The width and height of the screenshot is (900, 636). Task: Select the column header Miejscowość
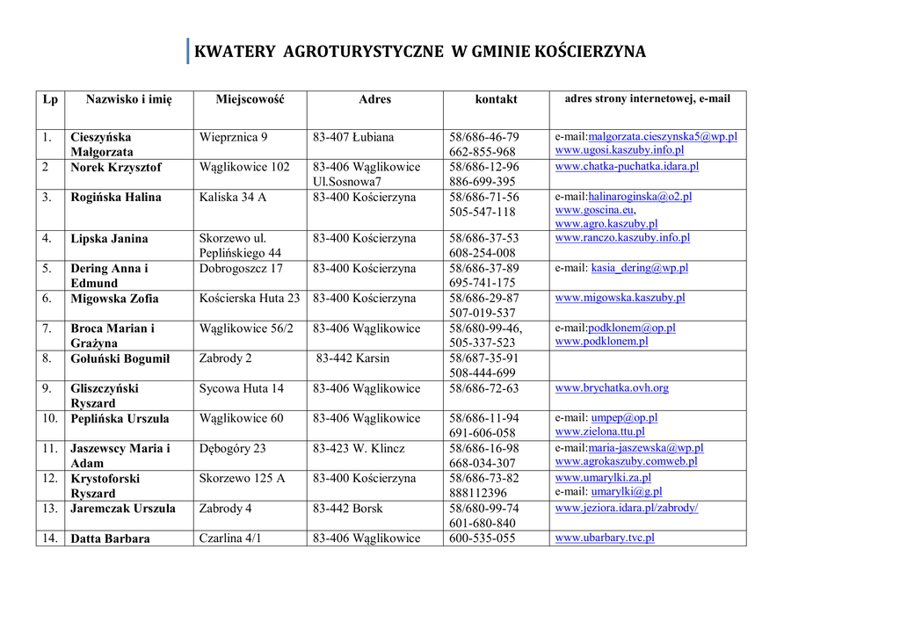250,99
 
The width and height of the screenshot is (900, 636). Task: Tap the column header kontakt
497,99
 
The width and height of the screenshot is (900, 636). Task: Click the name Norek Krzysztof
116,167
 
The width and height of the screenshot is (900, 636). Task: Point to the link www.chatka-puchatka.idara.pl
627,166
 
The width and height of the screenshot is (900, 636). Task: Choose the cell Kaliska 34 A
233,197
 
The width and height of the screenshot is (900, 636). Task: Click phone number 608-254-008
483,253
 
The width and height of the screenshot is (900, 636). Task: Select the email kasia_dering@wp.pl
640,268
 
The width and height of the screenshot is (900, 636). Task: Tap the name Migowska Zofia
114,299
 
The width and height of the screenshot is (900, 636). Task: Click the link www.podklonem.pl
601,341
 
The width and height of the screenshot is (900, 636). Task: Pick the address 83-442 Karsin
352,358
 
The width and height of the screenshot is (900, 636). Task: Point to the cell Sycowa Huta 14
242,388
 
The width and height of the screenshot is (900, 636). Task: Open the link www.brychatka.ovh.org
612,387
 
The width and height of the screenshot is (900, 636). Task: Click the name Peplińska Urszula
120,418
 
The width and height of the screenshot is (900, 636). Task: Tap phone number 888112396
478,493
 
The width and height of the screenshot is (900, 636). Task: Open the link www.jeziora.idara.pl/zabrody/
627,508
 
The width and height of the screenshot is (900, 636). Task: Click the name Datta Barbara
110,538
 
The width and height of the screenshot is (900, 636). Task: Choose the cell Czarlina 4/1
230,538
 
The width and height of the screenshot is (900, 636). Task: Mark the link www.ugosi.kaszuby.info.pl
613,150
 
